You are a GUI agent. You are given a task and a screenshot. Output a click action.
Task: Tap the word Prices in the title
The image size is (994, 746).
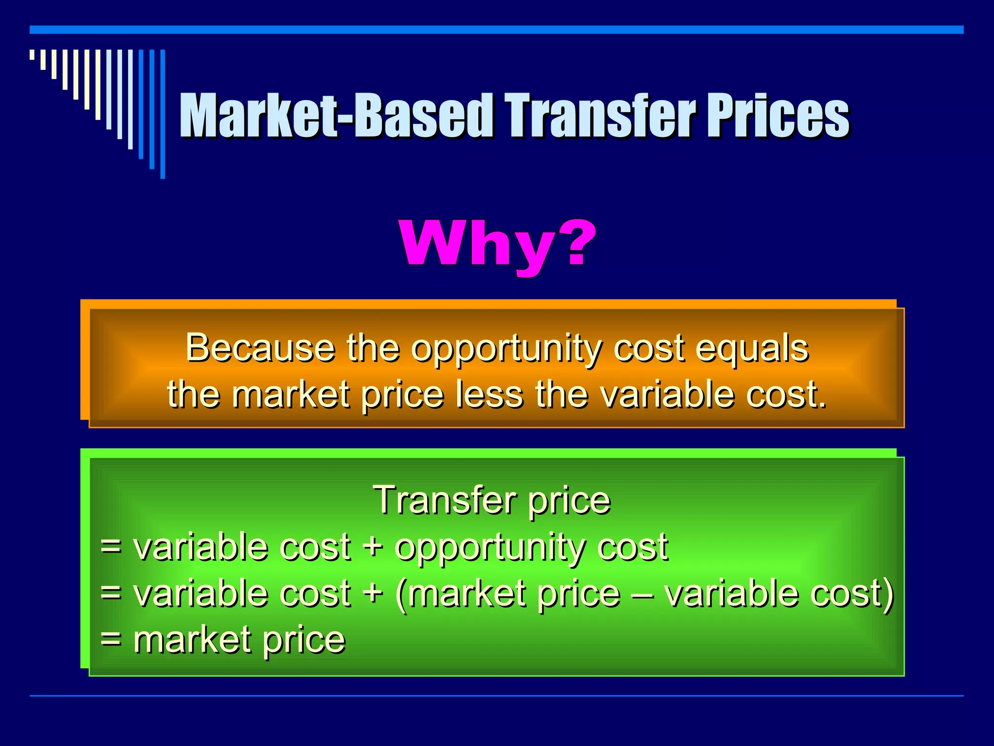[x=777, y=117]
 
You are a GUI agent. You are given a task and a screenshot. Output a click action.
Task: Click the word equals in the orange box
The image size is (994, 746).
[x=752, y=349]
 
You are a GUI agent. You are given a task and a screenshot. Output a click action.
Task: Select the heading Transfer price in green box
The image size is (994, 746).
[x=491, y=500]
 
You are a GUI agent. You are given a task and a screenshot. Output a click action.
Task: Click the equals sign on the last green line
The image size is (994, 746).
[x=111, y=639]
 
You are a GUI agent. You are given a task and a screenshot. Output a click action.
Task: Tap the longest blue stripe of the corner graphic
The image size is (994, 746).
[x=163, y=114]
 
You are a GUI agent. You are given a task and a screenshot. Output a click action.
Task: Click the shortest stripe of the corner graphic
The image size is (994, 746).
[x=32, y=55]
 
